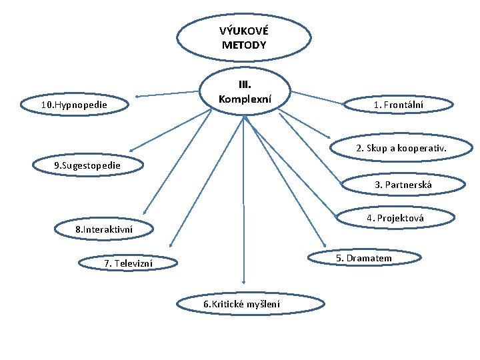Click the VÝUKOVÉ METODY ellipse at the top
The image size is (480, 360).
(x=243, y=38)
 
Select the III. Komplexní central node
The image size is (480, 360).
(x=245, y=92)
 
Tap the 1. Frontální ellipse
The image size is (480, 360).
(x=399, y=105)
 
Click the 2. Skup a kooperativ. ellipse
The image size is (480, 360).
(x=401, y=148)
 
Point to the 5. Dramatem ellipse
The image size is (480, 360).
(x=363, y=258)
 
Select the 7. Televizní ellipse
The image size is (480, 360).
(x=128, y=263)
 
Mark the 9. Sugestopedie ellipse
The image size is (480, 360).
(x=87, y=164)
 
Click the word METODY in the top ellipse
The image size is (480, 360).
(x=243, y=45)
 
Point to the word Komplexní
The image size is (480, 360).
(x=245, y=99)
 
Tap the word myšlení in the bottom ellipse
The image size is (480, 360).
(x=263, y=305)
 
